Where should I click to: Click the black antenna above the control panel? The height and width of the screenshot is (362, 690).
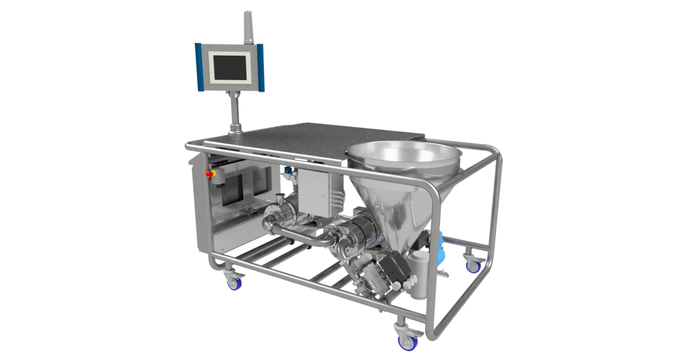(248, 26)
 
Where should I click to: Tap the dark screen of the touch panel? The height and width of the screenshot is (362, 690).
(230, 66)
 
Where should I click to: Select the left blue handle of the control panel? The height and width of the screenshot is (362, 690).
(199, 67)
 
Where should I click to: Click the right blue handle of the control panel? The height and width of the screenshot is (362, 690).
(261, 67)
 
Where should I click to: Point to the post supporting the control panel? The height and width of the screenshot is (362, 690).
(235, 112)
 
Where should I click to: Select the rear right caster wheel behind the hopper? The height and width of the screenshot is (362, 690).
(473, 264)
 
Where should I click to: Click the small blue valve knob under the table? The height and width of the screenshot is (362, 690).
(286, 171)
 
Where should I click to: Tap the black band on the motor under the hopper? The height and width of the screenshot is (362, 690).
(363, 230)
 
